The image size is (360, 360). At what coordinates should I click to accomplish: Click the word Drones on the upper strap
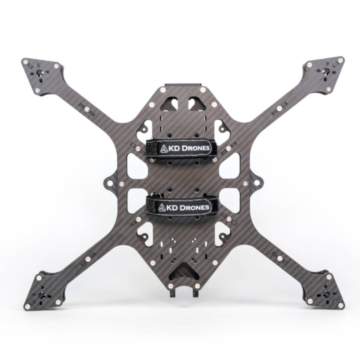point(195,148)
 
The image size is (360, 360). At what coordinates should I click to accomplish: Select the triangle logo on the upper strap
point(164,149)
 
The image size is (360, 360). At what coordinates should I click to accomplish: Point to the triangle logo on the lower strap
point(162,208)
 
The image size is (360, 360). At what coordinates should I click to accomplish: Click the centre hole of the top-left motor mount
point(40,73)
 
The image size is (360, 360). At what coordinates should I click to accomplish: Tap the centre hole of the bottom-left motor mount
point(41,294)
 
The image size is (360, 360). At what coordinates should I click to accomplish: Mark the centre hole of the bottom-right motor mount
point(326,294)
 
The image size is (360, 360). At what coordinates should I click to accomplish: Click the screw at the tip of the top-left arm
point(26,62)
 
